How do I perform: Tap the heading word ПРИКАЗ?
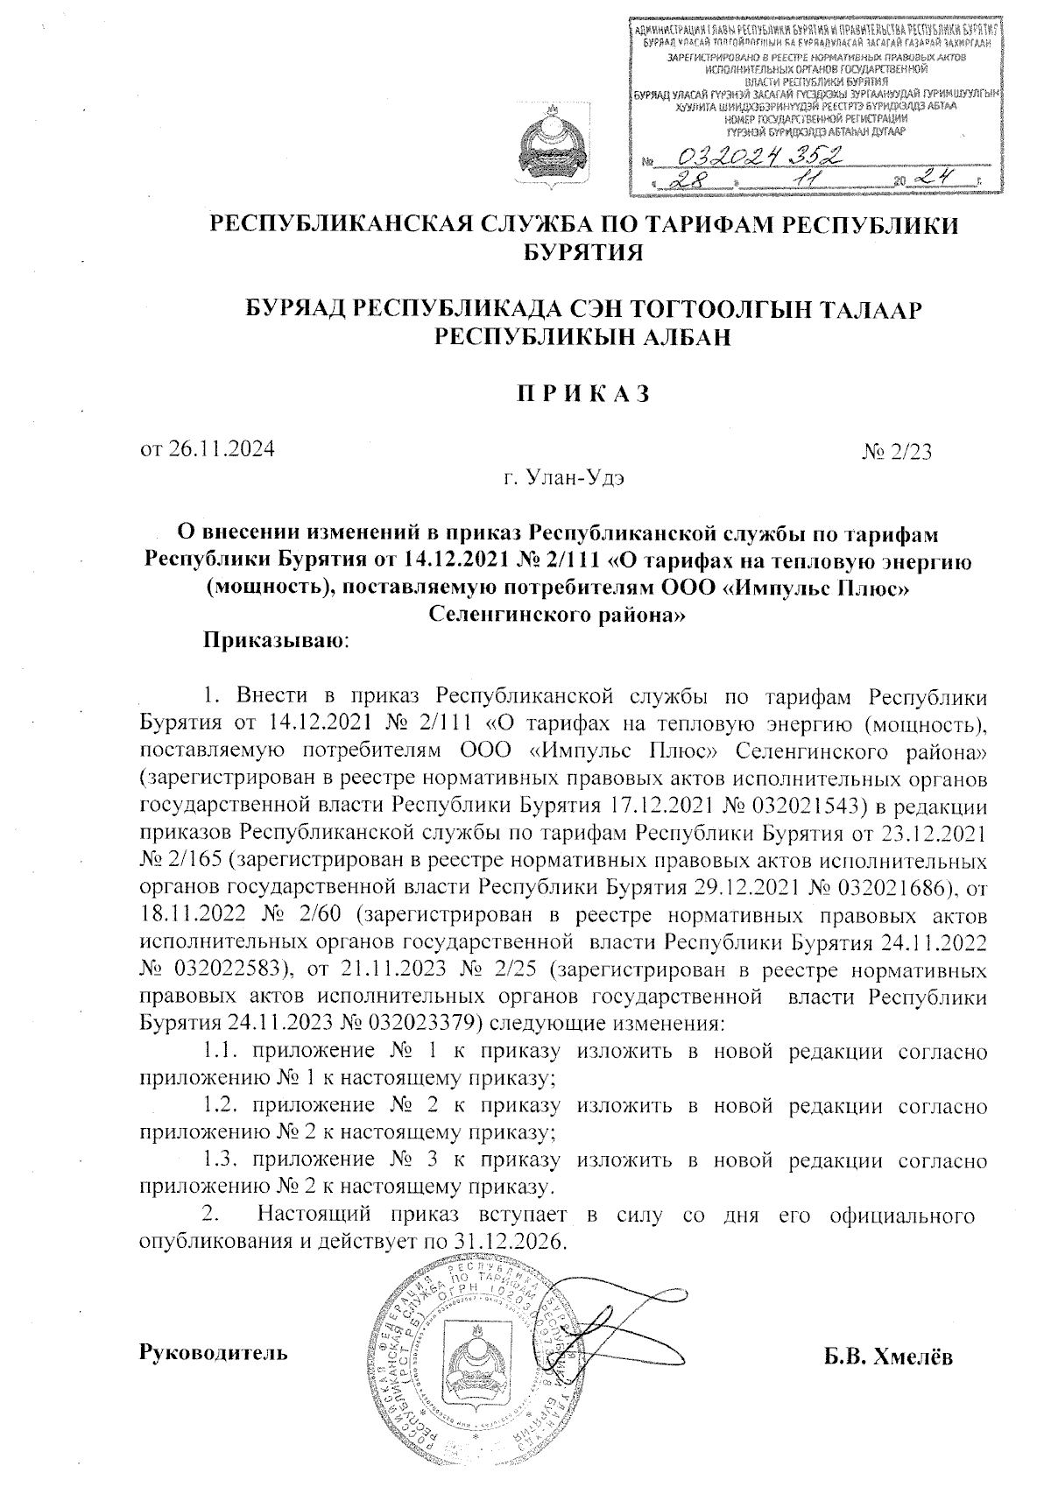click(582, 392)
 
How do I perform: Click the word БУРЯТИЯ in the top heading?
click(582, 254)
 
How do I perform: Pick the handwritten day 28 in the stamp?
click(684, 180)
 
